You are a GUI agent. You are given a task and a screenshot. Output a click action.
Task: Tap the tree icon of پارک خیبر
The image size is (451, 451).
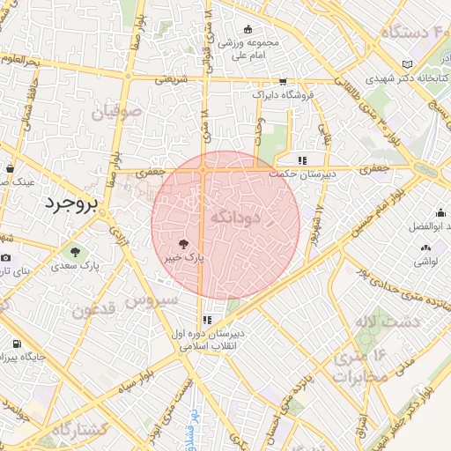point(183,244)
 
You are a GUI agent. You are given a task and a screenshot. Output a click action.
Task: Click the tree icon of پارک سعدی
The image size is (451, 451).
point(74,251)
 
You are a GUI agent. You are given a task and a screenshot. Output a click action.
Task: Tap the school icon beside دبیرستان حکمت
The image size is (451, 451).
point(302,160)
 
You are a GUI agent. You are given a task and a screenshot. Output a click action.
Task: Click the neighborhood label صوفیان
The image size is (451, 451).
point(121,112)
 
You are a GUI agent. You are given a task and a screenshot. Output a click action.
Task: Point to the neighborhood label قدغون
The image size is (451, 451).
point(93,310)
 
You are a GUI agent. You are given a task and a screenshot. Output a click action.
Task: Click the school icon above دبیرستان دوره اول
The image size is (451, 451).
point(207,321)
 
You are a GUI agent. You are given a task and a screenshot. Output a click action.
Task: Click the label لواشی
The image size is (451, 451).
point(427,262)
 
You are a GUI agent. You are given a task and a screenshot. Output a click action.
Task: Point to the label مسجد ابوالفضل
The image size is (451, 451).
point(428,226)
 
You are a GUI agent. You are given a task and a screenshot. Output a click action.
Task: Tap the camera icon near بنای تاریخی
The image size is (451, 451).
point(6,257)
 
